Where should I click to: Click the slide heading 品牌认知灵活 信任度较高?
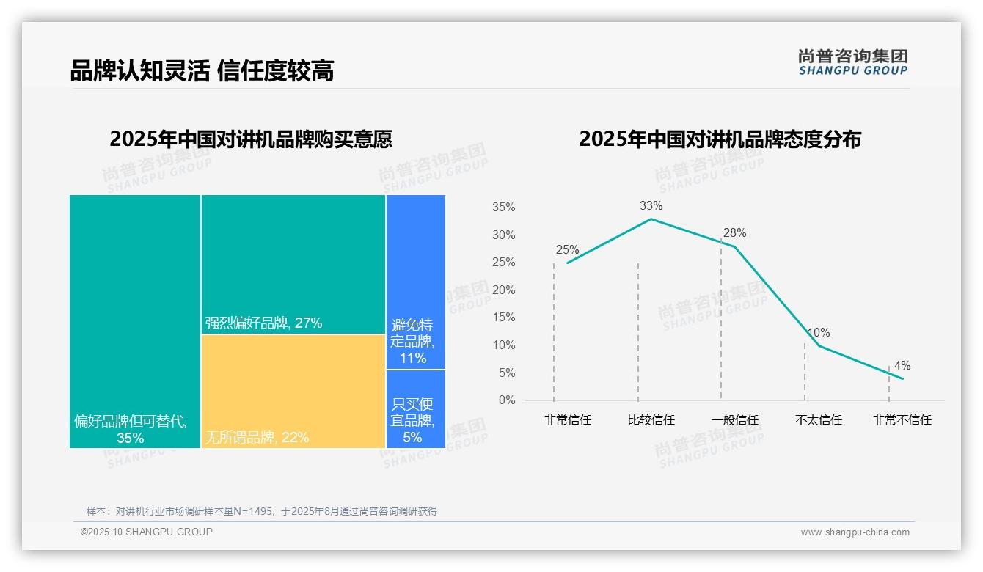[x=202, y=70]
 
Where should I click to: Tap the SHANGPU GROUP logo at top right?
[x=852, y=62]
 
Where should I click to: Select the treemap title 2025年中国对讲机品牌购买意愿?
[x=251, y=139]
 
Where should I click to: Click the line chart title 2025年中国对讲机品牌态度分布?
[x=720, y=139]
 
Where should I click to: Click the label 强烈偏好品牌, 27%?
[x=263, y=323]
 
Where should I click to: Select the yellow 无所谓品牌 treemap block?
[x=293, y=391]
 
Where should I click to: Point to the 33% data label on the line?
[x=651, y=205]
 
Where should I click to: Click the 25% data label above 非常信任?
[x=567, y=249]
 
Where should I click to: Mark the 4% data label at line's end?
[x=902, y=365]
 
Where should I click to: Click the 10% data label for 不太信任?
[x=819, y=333]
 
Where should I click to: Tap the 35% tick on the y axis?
[x=503, y=208]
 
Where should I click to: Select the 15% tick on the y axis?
[x=503, y=318]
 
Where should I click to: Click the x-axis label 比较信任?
[x=651, y=420]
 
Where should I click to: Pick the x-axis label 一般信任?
[x=734, y=420]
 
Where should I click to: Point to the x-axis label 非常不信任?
[x=902, y=420]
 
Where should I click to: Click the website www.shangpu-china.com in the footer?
[x=855, y=532]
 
